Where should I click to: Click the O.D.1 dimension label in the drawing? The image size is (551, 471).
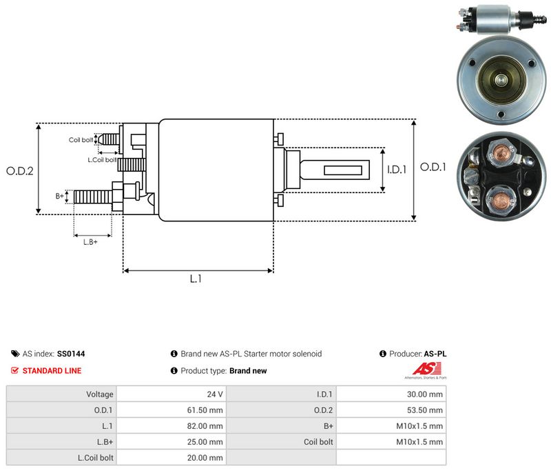point(433,167)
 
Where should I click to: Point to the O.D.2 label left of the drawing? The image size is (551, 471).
point(20,171)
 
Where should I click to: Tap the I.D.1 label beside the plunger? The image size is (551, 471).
point(397,170)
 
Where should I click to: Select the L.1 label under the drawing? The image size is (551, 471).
point(196,279)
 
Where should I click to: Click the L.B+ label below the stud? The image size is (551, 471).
point(90,242)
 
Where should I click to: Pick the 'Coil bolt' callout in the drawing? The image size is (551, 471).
point(81,140)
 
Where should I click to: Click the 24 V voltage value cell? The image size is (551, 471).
point(215,394)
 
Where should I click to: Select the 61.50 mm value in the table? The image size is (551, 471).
point(205,410)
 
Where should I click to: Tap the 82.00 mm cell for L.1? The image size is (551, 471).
point(205,426)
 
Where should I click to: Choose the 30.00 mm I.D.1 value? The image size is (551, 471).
point(425,394)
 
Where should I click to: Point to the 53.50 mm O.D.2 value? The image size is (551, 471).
point(425,410)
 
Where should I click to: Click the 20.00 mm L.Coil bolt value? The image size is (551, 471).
point(205,458)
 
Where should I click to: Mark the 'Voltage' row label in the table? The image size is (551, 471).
point(100,394)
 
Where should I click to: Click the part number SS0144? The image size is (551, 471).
point(71,354)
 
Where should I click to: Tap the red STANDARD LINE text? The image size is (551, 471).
point(52,371)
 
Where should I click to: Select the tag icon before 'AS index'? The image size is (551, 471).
point(15,354)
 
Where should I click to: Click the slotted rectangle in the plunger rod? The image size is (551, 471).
point(343,170)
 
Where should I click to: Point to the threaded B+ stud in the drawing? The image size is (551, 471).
point(93,197)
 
